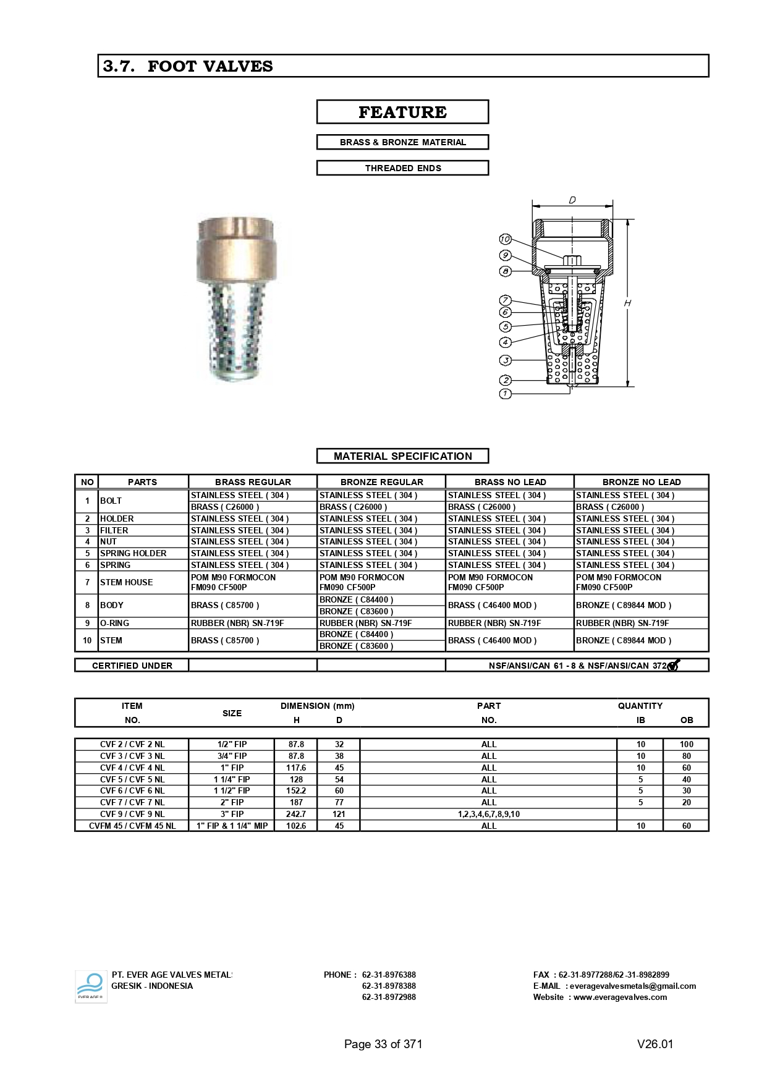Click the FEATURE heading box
[402, 112]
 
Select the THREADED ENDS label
[402, 168]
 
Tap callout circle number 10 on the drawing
[505, 239]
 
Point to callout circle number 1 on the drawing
[505, 394]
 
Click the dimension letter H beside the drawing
[627, 303]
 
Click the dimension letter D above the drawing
[572, 200]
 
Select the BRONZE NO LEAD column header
[641, 482]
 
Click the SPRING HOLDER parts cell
[133, 553]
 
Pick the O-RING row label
[115, 623]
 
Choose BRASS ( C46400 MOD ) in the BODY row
[492, 605]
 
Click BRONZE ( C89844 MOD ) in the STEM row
[623, 640]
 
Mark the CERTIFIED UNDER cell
[132, 666]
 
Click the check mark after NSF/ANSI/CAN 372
[673, 665]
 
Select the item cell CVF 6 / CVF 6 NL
[132, 790]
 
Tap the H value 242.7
[296, 814]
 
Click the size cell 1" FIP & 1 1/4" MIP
[232, 826]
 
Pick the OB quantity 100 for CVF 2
[686, 744]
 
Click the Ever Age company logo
[91, 986]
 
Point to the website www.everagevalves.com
[620, 997]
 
